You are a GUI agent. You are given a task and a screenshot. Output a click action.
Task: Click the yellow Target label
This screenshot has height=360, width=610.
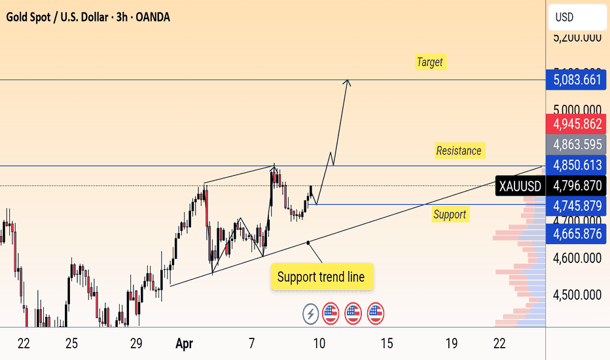[x=429, y=62]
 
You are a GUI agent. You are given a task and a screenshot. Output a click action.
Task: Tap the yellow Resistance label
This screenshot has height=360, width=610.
[x=459, y=151]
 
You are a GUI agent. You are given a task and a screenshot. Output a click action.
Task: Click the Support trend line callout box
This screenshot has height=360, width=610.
[x=321, y=277]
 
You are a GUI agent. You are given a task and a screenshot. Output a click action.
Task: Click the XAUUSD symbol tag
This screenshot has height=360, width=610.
[x=520, y=187]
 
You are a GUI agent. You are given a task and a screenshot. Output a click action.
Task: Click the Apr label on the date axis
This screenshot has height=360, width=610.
[x=184, y=343]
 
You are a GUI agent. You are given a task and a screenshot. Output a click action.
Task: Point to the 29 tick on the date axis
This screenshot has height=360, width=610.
[x=136, y=343]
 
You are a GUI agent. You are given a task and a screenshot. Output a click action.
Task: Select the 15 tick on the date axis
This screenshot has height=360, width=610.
[x=387, y=343]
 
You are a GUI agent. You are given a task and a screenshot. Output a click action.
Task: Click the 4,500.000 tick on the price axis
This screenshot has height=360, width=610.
[x=577, y=295]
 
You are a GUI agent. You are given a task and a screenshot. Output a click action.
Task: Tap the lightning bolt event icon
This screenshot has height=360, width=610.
[x=310, y=314]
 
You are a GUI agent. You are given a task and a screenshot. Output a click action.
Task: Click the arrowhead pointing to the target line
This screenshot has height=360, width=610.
[x=348, y=82]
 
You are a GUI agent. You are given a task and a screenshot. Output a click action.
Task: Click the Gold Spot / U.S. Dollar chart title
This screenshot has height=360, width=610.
[x=88, y=17]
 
